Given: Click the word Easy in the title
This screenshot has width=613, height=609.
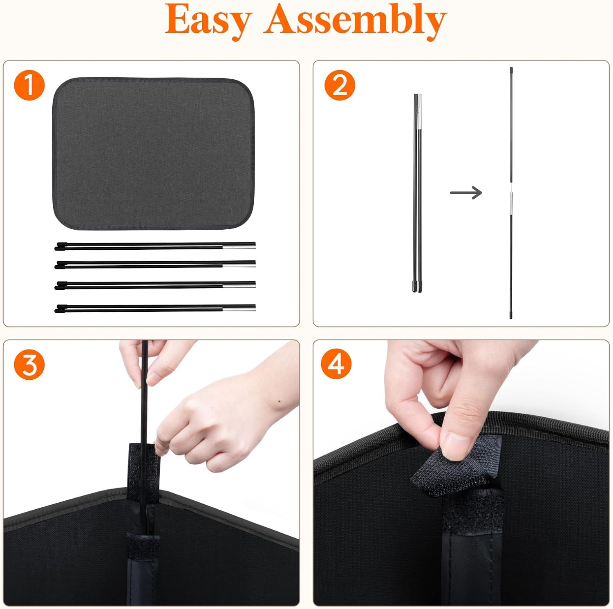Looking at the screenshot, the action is [x=208, y=20].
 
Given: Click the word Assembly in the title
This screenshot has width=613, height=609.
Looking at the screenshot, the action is [x=355, y=20].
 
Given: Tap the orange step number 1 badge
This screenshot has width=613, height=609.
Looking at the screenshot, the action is [x=29, y=85].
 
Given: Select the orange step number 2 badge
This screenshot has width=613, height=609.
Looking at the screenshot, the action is [x=340, y=85].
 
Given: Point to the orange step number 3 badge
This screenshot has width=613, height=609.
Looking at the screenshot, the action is [x=29, y=364].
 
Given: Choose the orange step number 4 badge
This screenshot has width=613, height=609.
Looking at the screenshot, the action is [x=336, y=364].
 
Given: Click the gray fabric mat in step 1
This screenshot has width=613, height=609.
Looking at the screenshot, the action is [x=154, y=153].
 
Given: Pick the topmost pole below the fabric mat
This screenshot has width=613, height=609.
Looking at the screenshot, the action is [x=155, y=246].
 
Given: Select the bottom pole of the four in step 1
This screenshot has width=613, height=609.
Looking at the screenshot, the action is [x=155, y=308].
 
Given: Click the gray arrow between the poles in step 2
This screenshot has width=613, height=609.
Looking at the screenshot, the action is [x=466, y=193].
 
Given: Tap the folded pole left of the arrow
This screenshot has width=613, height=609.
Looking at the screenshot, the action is [x=417, y=193].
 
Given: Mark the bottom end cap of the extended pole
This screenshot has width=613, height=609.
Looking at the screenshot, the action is [x=511, y=315].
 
